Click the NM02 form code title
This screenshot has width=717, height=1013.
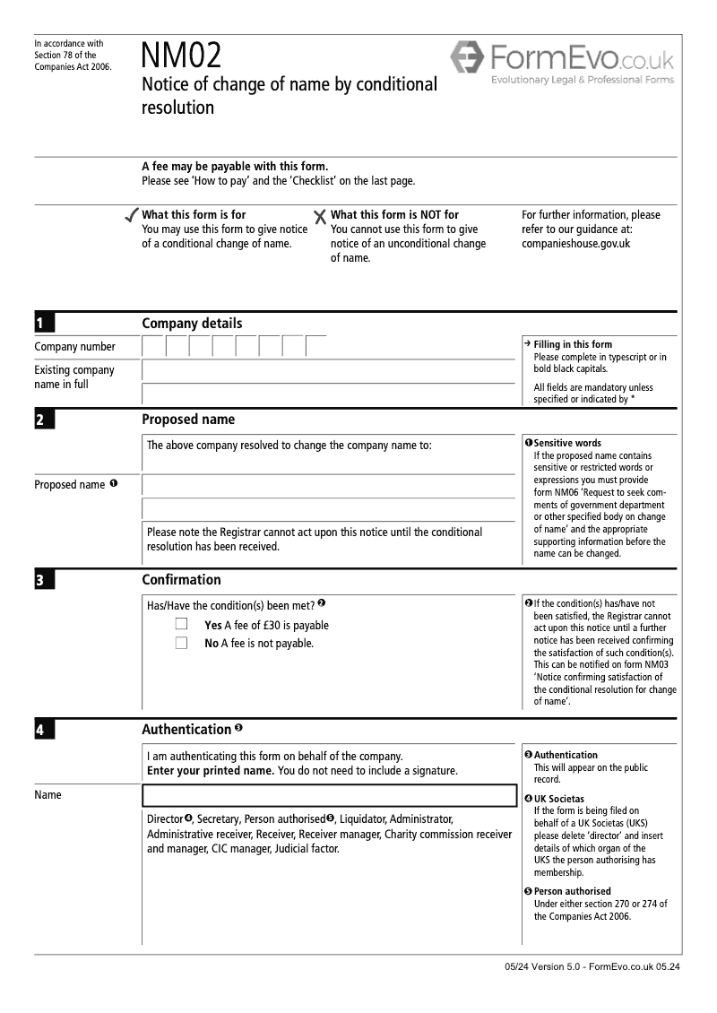(x=181, y=57)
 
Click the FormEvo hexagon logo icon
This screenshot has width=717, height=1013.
(x=467, y=58)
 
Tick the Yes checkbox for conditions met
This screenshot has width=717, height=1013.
(x=182, y=625)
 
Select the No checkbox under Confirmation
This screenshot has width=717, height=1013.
(x=182, y=643)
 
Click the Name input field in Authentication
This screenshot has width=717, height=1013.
(x=330, y=795)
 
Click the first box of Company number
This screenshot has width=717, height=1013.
(x=154, y=346)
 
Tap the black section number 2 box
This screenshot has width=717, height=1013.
(x=44, y=420)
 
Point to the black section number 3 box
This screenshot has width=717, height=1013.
(x=44, y=580)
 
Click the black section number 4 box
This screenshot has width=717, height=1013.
(x=44, y=731)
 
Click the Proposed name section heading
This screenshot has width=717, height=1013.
(x=188, y=420)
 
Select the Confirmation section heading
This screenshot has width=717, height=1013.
(x=181, y=580)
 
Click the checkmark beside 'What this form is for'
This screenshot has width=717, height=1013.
(x=131, y=216)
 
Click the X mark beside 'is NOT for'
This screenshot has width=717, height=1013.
(x=320, y=216)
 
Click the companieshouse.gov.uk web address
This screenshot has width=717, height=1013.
(x=575, y=243)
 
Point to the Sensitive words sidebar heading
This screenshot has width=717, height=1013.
(x=567, y=443)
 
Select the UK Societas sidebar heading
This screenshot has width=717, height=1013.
(x=558, y=798)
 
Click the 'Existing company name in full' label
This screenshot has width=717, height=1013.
(x=74, y=377)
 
